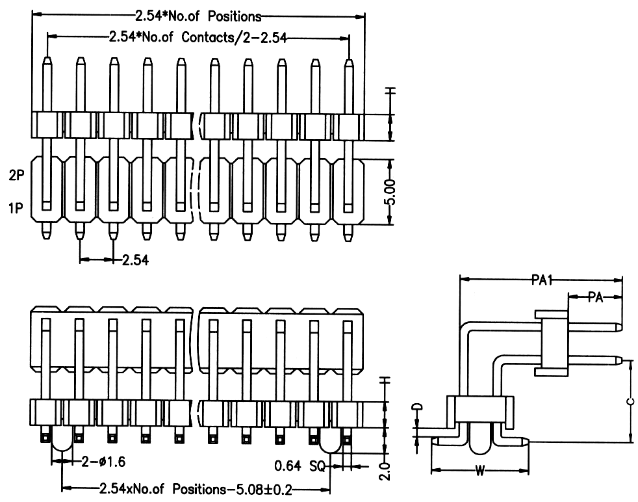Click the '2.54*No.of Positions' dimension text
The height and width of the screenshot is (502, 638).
pyautogui.click(x=198, y=16)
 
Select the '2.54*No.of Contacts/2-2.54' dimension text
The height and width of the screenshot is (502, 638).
pyautogui.click(x=198, y=38)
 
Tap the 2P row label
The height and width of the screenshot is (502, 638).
pyautogui.click(x=17, y=176)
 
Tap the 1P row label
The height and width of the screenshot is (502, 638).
pyautogui.click(x=17, y=208)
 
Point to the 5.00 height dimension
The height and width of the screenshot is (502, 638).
pyautogui.click(x=389, y=192)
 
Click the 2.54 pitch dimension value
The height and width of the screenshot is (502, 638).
pyautogui.click(x=134, y=261)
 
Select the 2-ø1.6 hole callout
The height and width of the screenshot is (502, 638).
pyautogui.click(x=103, y=462)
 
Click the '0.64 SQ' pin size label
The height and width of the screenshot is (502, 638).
pyautogui.click(x=299, y=466)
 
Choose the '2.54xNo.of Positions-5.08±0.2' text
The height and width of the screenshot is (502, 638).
pyautogui.click(x=195, y=488)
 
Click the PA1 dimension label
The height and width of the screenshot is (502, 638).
pyautogui.click(x=541, y=280)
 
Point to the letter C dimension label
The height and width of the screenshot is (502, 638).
pyautogui.click(x=630, y=401)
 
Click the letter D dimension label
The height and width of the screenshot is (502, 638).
pyautogui.click(x=418, y=408)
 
